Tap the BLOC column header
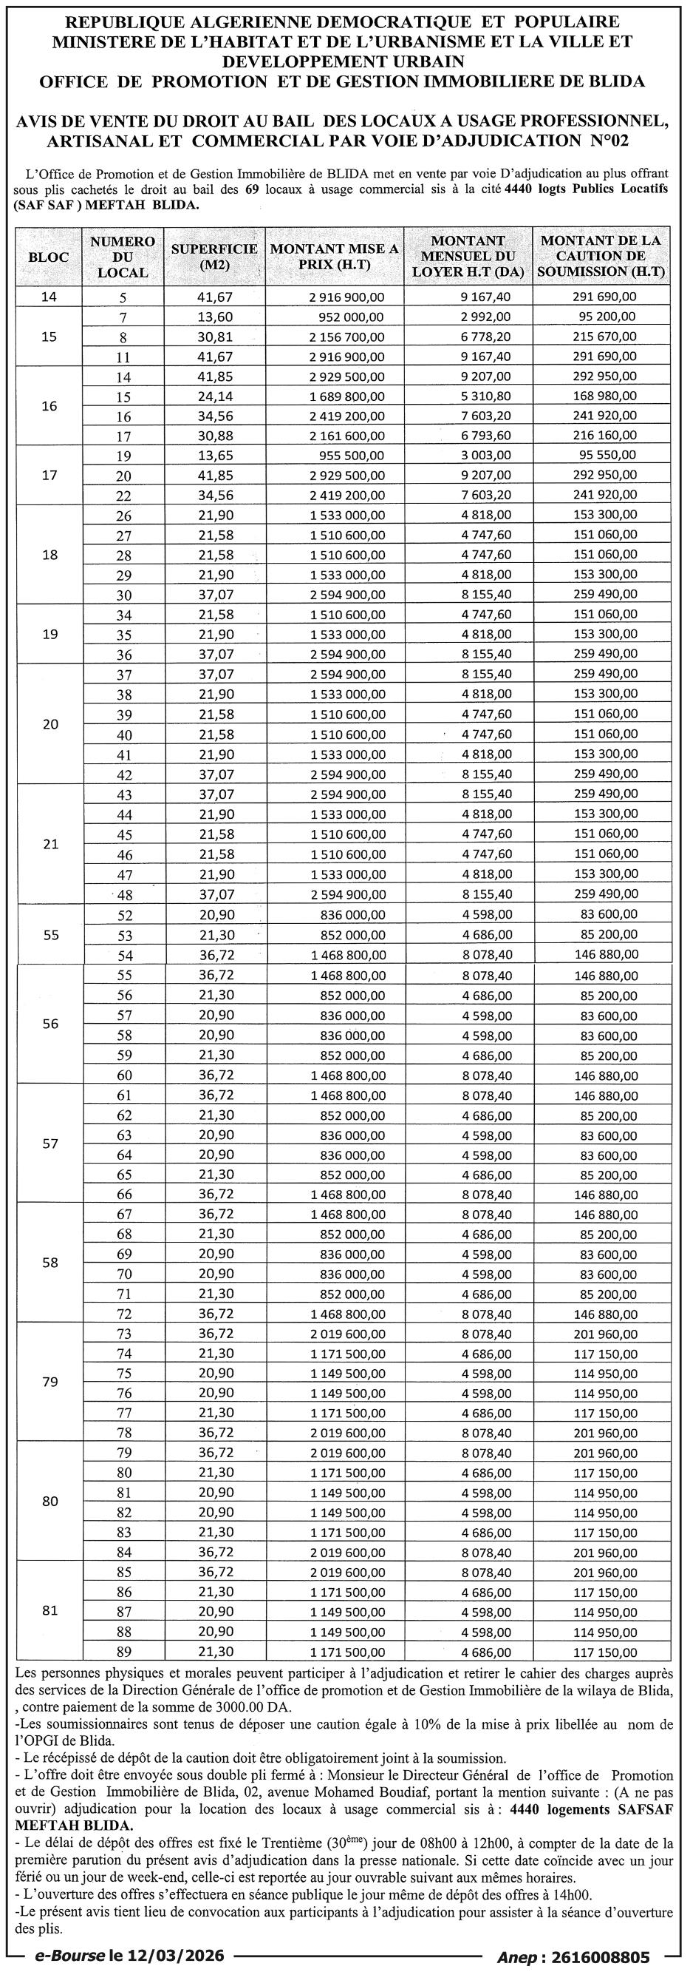point(48,257)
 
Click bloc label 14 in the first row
point(48,297)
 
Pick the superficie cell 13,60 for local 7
point(214,317)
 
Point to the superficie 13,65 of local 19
point(214,456)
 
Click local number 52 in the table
point(125,916)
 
